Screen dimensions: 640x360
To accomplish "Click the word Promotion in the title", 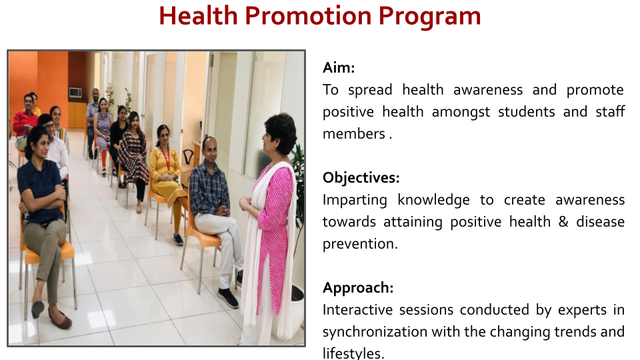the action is click(308, 16).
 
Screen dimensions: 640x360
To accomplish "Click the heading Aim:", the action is click(339, 67).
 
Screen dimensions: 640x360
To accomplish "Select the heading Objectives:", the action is click(361, 177).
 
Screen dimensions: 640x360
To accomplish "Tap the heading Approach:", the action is click(358, 288).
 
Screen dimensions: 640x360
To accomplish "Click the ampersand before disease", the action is click(563, 221).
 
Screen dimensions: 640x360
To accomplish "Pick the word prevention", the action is click(360, 244).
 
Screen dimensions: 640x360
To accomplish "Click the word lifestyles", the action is click(353, 353).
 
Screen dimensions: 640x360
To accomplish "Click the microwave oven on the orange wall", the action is click(75, 93).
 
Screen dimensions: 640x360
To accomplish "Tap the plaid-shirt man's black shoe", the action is click(228, 299).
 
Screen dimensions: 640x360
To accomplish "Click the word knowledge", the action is click(433, 200).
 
